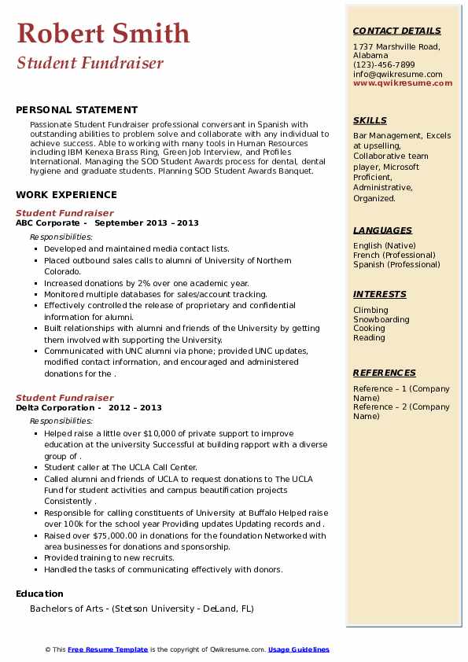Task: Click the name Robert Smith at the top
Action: pos(103,33)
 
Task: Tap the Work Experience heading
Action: pos(66,194)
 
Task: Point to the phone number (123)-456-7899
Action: pos(384,65)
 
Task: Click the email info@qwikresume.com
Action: pos(397,75)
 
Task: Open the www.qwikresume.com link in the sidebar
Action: pos(397,83)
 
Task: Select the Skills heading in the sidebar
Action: pos(370,121)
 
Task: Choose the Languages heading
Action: pos(382,231)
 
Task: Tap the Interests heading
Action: pos(380,295)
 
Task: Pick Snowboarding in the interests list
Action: pos(381,320)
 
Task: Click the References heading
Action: pos(385,373)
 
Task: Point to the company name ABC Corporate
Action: pos(47,223)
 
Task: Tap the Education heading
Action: pos(39,594)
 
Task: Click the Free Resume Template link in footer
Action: pos(108,649)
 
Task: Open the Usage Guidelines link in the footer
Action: pos(299,649)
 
